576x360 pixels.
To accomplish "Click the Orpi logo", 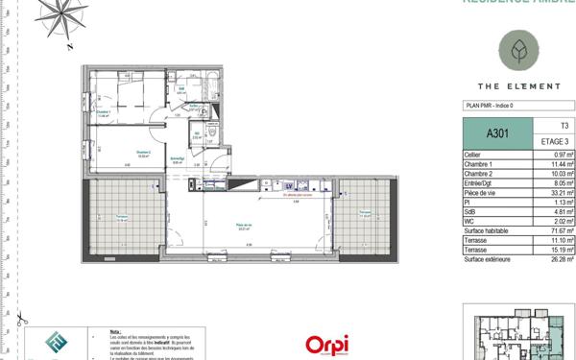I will [326, 344].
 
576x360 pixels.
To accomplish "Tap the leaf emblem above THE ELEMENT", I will [518, 49].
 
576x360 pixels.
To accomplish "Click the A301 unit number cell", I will [495, 132].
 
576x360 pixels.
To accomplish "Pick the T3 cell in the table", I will [563, 126].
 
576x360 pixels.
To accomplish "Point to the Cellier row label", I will [472, 155].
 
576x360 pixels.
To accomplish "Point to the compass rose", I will [74, 18].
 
